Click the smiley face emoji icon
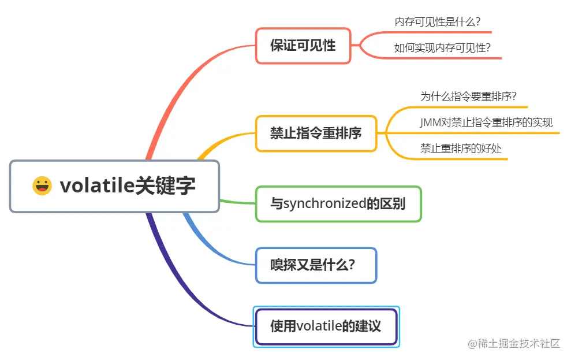point(42,186)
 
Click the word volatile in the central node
point(96,186)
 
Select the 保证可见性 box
point(303,46)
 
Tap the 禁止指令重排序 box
point(316,133)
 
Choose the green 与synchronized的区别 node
point(338,203)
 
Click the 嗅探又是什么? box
point(316,265)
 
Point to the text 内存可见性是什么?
point(438,22)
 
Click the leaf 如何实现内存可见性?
point(442,48)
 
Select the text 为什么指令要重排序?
point(468,97)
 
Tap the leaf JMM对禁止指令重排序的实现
point(486,123)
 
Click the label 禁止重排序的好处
point(461,149)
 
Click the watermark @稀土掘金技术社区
point(514,343)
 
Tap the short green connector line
point(238,202)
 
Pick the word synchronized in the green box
point(324,203)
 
